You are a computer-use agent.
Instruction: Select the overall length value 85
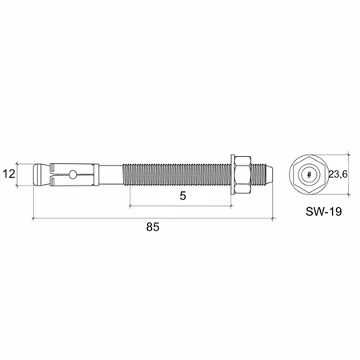(x=153, y=227)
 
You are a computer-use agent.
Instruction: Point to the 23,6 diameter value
(x=338, y=174)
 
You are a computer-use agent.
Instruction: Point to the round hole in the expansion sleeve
(x=72, y=173)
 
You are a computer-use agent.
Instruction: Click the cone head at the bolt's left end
(x=40, y=173)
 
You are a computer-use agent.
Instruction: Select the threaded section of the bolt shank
(x=176, y=173)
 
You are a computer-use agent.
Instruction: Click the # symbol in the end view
(x=308, y=174)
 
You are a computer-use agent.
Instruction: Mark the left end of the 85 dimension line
(x=32, y=216)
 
